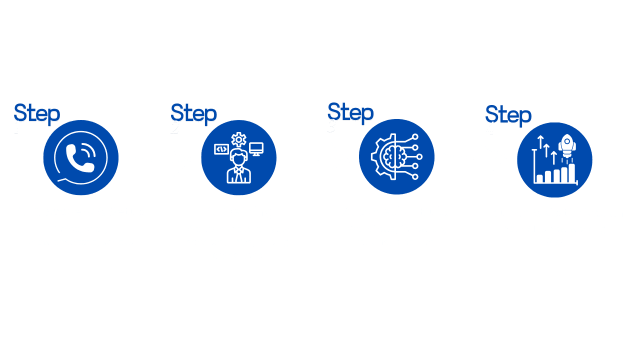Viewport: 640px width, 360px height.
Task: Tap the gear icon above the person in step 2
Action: (x=238, y=139)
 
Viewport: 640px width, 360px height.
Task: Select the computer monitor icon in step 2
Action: (x=256, y=148)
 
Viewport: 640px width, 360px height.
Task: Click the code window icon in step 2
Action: (x=221, y=149)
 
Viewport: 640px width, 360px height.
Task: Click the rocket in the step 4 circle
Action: (x=568, y=146)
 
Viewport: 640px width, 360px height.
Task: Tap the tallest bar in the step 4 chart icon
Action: (x=572, y=173)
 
